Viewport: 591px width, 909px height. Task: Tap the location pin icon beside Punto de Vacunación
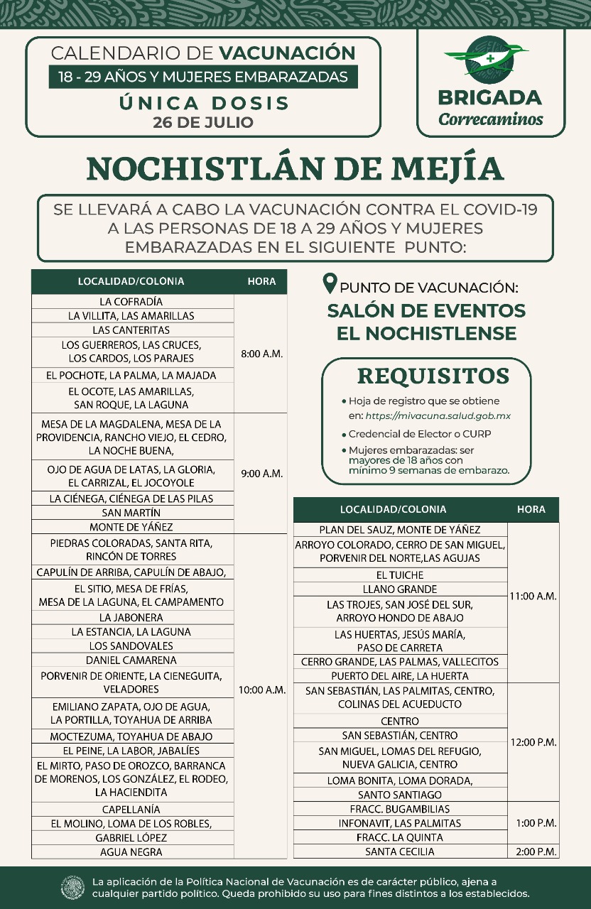coord(330,285)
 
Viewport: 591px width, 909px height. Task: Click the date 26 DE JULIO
coord(203,122)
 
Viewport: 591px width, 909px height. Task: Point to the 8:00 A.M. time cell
coord(261,354)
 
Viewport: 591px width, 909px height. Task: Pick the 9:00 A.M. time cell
coord(261,474)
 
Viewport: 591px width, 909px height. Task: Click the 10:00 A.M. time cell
coord(261,690)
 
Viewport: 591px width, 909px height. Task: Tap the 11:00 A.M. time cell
coord(533,597)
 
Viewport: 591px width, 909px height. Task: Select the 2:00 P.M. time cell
coord(533,852)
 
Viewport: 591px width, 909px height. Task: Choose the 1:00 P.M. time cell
coord(533,823)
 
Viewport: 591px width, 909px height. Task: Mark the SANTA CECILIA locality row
coord(400,852)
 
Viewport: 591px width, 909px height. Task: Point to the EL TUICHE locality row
coord(400,575)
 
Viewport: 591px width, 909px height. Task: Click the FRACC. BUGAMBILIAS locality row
coord(400,809)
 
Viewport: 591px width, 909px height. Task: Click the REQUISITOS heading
coord(433,376)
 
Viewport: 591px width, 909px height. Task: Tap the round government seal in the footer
coord(73,888)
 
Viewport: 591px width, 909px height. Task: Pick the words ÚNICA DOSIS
coord(203,103)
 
